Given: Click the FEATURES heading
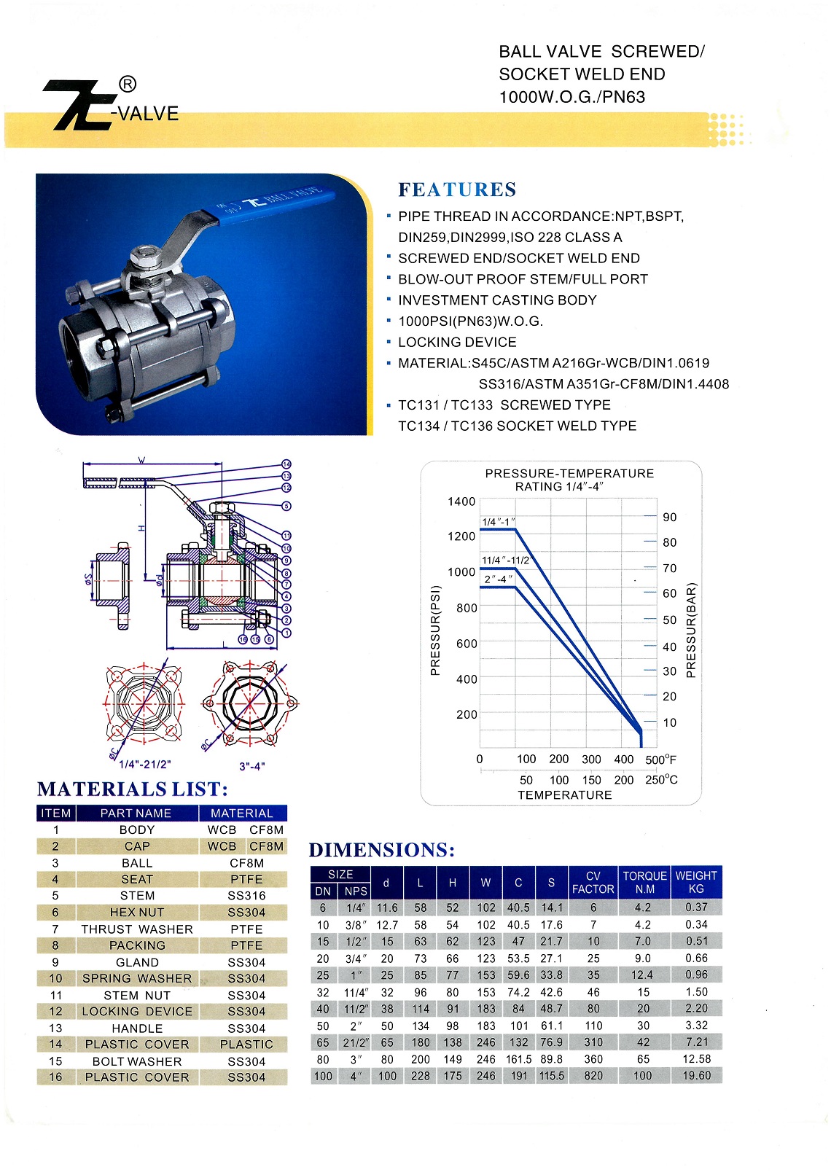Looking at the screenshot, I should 457,190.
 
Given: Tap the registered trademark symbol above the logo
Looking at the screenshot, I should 127,85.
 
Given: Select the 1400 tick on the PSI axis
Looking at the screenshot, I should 461,501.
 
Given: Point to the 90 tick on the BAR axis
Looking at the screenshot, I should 669,518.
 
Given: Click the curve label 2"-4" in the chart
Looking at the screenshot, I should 499,579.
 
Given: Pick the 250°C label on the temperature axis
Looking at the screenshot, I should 661,780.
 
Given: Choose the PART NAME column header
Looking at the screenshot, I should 136,813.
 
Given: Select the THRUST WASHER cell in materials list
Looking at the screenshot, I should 137,929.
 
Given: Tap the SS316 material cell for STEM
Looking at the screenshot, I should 246,896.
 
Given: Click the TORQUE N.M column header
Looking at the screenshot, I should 644,882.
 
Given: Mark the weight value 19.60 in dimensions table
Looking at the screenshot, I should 696,1076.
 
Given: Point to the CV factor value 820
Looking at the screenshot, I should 593,1076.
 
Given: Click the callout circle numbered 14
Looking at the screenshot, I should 286,464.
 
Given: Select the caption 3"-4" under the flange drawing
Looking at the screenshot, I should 251,766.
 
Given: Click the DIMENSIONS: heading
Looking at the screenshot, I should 382,850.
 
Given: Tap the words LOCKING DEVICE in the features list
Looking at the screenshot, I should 457,343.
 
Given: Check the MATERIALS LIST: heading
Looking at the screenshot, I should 133,789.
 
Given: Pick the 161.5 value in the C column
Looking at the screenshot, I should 518,1059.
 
